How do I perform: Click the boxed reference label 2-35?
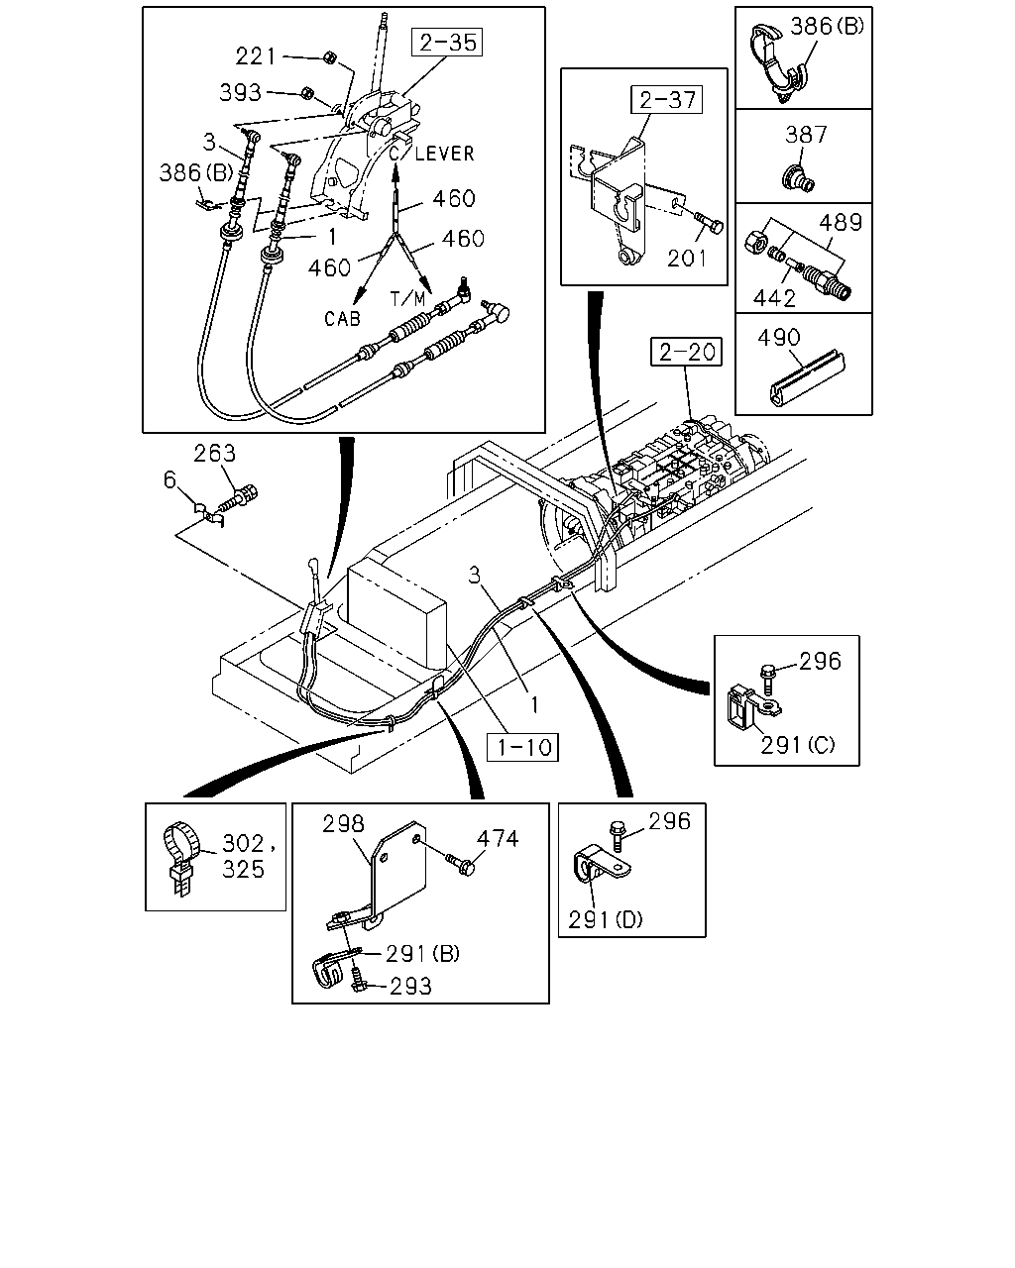tap(447, 43)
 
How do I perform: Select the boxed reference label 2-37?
tap(667, 100)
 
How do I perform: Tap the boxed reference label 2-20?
tap(687, 352)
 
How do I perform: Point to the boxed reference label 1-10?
tap(522, 747)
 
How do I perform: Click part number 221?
tap(256, 56)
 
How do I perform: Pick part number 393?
tap(240, 92)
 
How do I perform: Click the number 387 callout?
tap(806, 135)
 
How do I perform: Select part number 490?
tap(778, 338)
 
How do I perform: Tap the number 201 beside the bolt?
tap(687, 259)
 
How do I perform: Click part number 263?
tap(215, 453)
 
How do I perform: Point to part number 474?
tap(498, 838)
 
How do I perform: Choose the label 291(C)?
tap(797, 745)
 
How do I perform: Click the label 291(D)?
tap(605, 919)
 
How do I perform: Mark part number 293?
tap(410, 986)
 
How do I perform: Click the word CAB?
tap(342, 319)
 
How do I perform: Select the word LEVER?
tap(444, 154)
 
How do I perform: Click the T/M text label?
tap(407, 299)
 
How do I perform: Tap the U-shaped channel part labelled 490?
tap(808, 379)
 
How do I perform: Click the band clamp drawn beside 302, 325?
tap(181, 862)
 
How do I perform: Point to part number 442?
tap(774, 299)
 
